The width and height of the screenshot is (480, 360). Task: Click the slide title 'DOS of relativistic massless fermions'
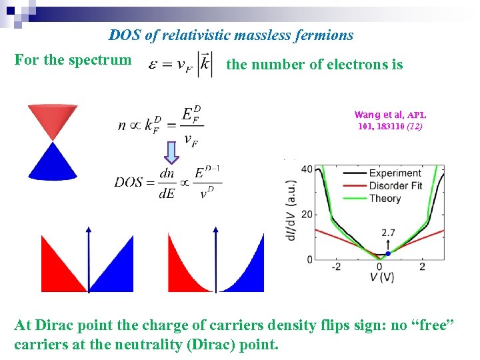pyautogui.click(x=231, y=35)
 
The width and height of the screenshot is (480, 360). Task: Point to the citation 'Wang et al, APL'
pyautogui.click(x=390, y=115)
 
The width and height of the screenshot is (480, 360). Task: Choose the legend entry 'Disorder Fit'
pyautogui.click(x=395, y=185)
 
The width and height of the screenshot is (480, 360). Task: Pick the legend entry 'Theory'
pyautogui.click(x=385, y=198)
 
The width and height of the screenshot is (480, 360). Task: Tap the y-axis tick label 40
pyautogui.click(x=307, y=169)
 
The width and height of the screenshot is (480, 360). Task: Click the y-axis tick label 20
pyautogui.click(x=307, y=214)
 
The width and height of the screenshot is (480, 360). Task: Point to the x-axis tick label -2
pyautogui.click(x=336, y=267)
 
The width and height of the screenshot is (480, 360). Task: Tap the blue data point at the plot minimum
pyautogui.click(x=388, y=253)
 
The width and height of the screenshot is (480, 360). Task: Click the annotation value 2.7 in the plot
pyautogui.click(x=389, y=233)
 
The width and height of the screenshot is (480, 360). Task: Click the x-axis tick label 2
pyautogui.click(x=422, y=267)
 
